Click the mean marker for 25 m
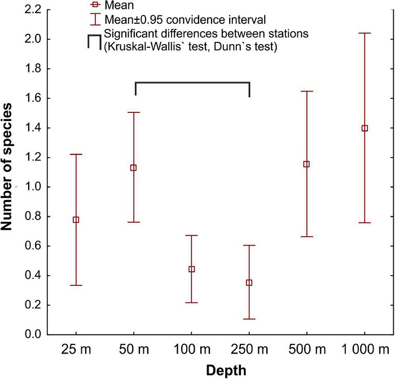pos(76,220)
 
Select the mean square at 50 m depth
pos(134,168)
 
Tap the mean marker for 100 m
pos(192,269)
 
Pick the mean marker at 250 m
pos(249,282)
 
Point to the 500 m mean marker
pos(307,164)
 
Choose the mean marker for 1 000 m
pos(365,128)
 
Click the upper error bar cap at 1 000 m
pos(365,33)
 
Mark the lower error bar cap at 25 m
pos(76,285)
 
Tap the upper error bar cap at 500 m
pos(307,91)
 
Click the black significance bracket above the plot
pos(192,82)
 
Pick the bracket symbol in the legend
pos(94,41)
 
